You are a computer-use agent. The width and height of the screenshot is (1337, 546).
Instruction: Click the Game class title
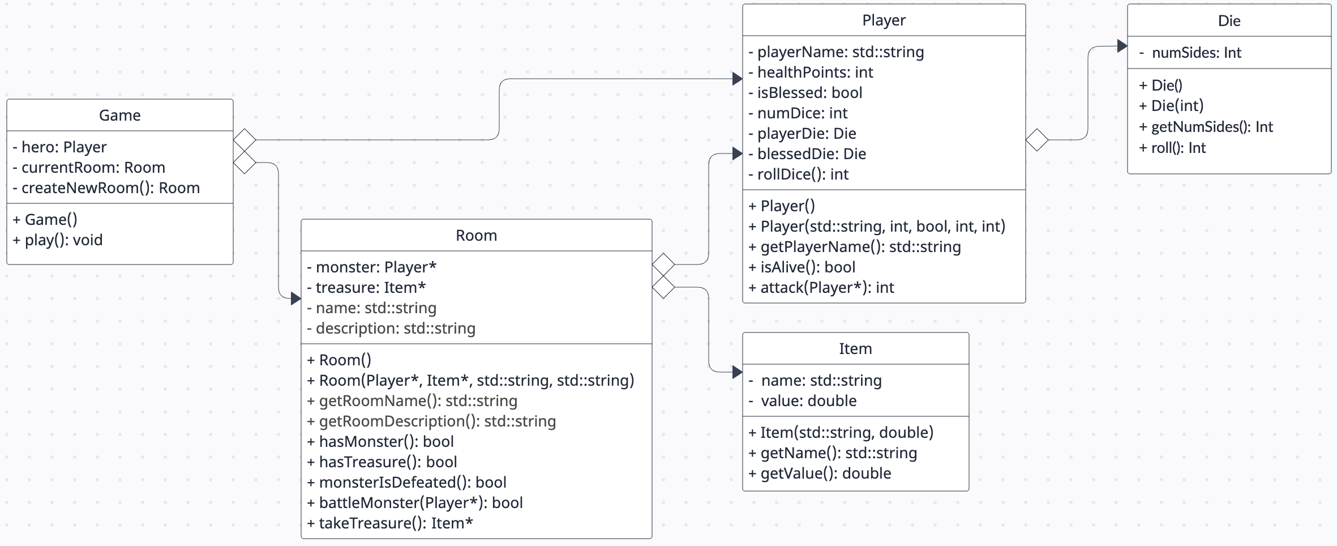pyautogui.click(x=119, y=116)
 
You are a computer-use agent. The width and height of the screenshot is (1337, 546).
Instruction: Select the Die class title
pyautogui.click(x=1229, y=21)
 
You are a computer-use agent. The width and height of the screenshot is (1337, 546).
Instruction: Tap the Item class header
pyautogui.click(x=855, y=349)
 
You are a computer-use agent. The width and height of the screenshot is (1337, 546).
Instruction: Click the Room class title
pyautogui.click(x=476, y=236)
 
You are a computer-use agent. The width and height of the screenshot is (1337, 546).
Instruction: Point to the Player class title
pyautogui.click(x=884, y=20)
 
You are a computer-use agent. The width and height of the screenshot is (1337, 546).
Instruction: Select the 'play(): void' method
pyautogui.click(x=58, y=240)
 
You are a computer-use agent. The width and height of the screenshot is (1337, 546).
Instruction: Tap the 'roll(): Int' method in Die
pyautogui.click(x=1172, y=148)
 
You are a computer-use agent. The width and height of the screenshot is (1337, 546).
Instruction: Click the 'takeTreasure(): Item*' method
pyautogui.click(x=390, y=523)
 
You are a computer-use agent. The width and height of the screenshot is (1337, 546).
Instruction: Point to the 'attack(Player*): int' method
pyautogui.click(x=821, y=288)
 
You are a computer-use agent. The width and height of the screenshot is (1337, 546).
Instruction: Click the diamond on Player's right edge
pyautogui.click(x=1037, y=140)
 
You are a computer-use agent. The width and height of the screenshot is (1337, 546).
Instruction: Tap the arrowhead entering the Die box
pyautogui.click(x=1122, y=46)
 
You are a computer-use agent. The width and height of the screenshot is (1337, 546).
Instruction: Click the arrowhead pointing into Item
pyautogui.click(x=737, y=372)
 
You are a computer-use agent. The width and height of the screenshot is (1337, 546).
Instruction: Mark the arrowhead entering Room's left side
pyautogui.click(x=295, y=298)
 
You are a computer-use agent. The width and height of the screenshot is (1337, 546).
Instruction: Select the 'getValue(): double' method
pyautogui.click(x=820, y=474)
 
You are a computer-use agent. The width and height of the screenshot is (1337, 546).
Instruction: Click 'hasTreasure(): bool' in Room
pyautogui.click(x=382, y=462)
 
